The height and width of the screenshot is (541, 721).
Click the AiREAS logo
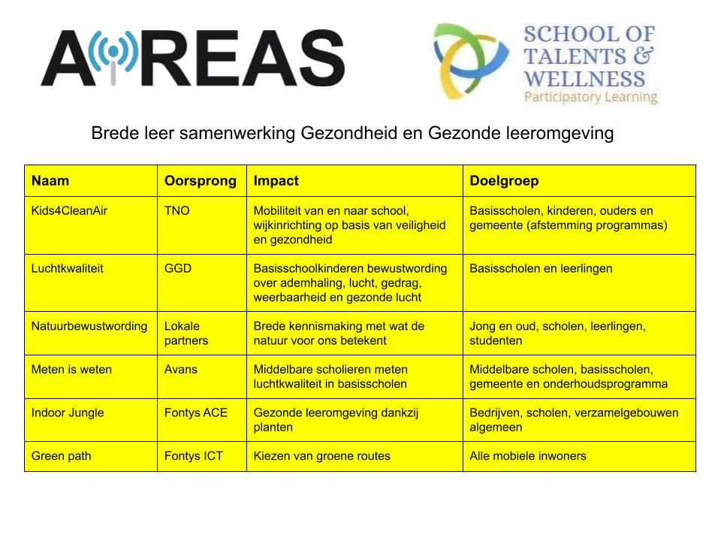pyautogui.click(x=192, y=59)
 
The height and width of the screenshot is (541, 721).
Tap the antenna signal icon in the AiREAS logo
pyautogui.click(x=113, y=56)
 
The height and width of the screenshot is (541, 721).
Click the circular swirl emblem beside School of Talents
pyautogui.click(x=471, y=62)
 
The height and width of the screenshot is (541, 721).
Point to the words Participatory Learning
pyautogui.click(x=590, y=97)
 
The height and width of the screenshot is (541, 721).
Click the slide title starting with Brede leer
pyautogui.click(x=352, y=134)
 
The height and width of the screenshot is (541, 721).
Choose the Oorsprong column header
pyautogui.click(x=201, y=181)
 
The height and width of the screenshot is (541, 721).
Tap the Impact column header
pyautogui.click(x=276, y=181)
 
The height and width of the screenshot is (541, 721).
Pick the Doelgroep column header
pyautogui.click(x=504, y=181)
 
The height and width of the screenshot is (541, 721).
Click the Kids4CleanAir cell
pyautogui.click(x=69, y=210)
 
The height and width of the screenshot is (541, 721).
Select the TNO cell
pyautogui.click(x=177, y=210)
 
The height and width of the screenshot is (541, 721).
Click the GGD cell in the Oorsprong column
pyautogui.click(x=178, y=268)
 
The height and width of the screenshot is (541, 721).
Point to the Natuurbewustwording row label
pyautogui.click(x=89, y=326)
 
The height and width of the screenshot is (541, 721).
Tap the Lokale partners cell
pyautogui.click(x=186, y=333)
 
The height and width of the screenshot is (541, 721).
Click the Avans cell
pyautogui.click(x=180, y=370)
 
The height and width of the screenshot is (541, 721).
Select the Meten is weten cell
pyautogui.click(x=71, y=370)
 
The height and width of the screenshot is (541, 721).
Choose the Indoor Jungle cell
pyautogui.click(x=68, y=413)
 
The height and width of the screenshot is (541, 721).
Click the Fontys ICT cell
pyautogui.click(x=194, y=456)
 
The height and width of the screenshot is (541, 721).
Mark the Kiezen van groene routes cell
pyautogui.click(x=322, y=456)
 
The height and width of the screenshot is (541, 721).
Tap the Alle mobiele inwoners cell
pyautogui.click(x=528, y=456)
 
